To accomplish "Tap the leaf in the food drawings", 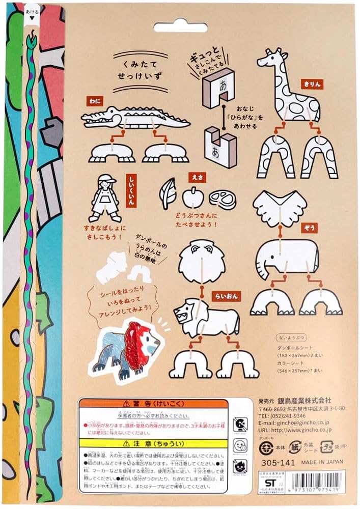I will point(169,195).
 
